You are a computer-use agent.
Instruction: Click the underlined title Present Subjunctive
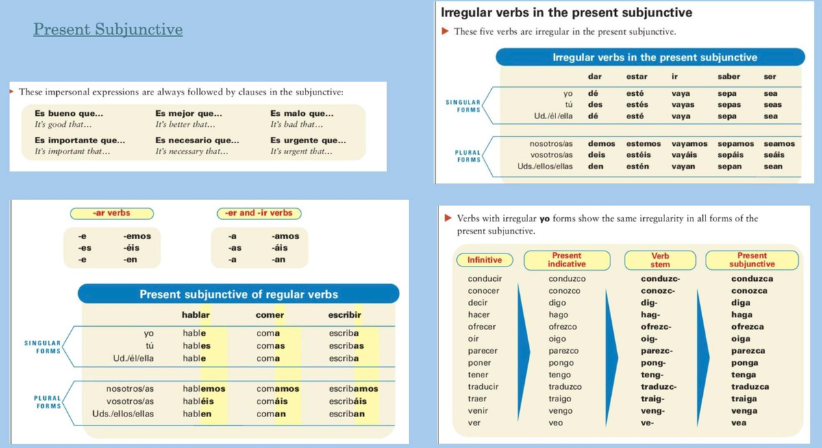[108, 29]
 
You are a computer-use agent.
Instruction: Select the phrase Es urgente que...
[308, 140]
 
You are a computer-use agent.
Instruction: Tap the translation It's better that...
[185, 125]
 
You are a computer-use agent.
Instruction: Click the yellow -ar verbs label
[112, 213]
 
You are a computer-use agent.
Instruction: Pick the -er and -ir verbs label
[259, 213]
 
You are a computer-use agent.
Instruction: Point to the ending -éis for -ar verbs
[132, 248]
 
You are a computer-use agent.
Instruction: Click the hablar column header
[196, 315]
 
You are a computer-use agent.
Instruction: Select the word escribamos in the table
[353, 388]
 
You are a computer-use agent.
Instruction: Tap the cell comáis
[271, 401]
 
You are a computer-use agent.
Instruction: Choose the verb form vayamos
[689, 144]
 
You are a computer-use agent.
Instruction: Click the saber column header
[728, 76]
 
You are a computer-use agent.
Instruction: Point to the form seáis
[774, 155]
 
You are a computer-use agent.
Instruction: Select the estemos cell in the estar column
[643, 144]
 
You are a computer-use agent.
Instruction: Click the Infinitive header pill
[484, 260]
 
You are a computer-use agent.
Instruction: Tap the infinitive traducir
[483, 386]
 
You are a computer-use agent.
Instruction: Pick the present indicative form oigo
[557, 338]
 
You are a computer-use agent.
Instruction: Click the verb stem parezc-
[656, 351]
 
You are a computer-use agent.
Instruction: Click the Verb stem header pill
[660, 260]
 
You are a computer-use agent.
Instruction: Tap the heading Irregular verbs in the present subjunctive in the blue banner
[655, 58]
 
